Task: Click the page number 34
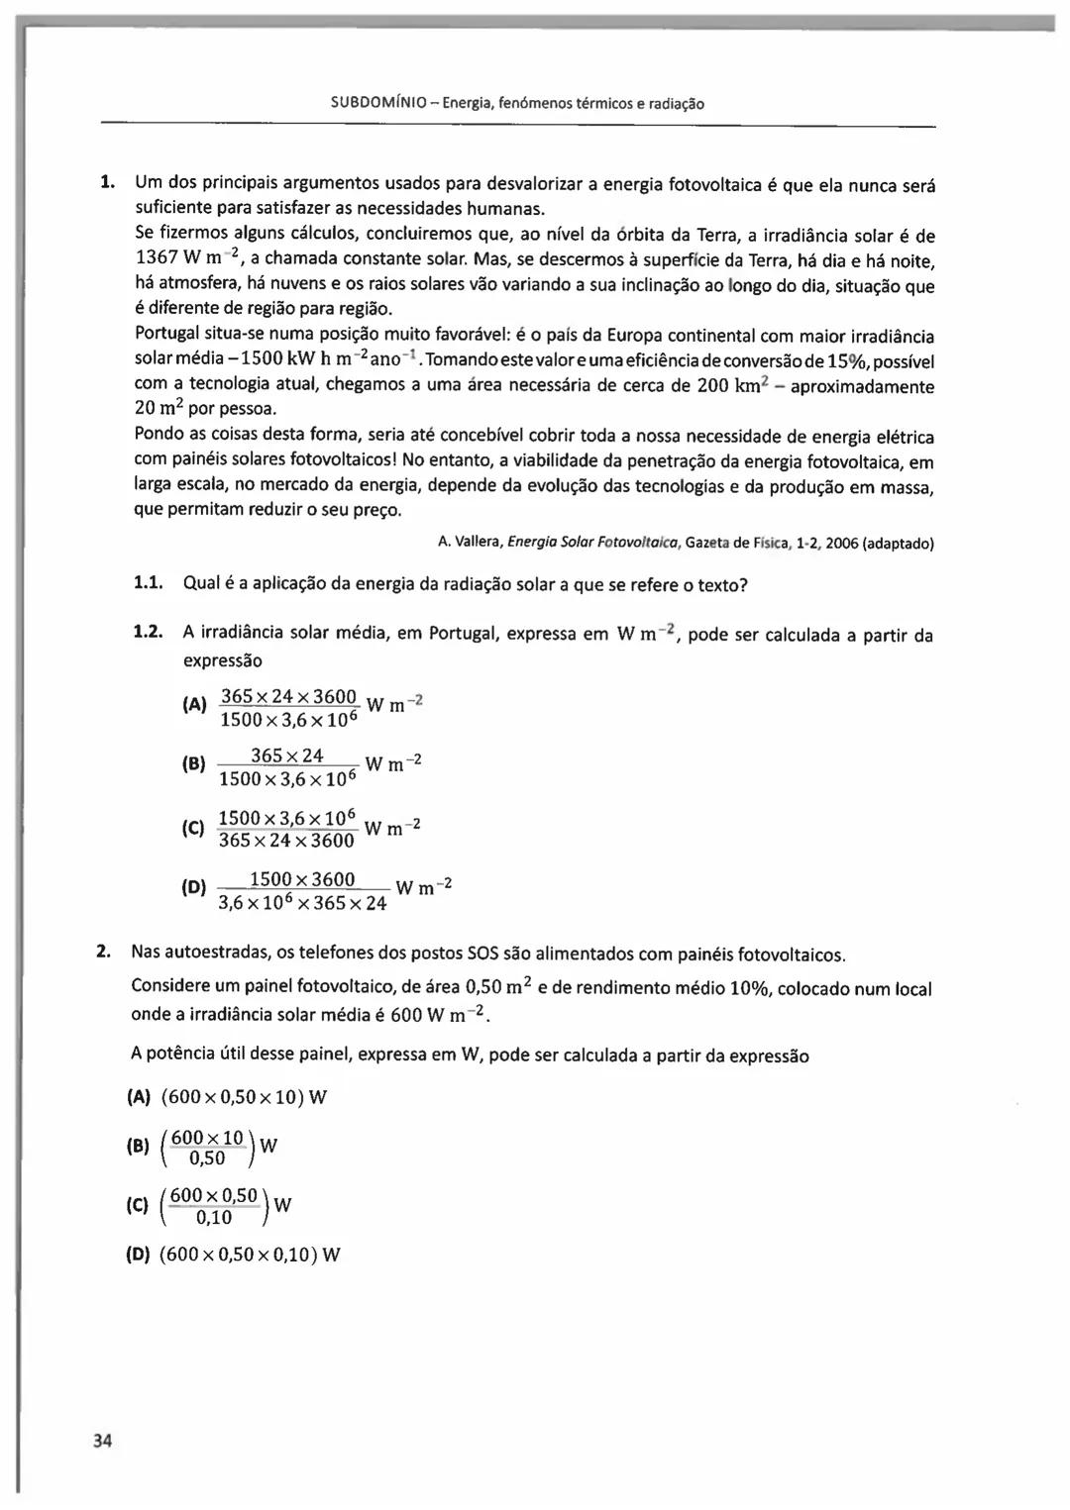[103, 1441]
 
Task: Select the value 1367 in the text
[156, 259]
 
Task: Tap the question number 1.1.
[148, 584]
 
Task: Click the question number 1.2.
[148, 633]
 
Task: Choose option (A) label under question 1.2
[194, 706]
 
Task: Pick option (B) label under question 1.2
[194, 764]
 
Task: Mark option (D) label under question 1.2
[194, 887]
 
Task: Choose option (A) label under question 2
[139, 1097]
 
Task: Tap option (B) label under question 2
[139, 1148]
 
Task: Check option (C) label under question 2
[139, 1205]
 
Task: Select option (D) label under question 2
[139, 1255]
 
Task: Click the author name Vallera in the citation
[479, 543]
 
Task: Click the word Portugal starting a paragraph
[168, 337]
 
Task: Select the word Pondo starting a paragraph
[160, 436]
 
